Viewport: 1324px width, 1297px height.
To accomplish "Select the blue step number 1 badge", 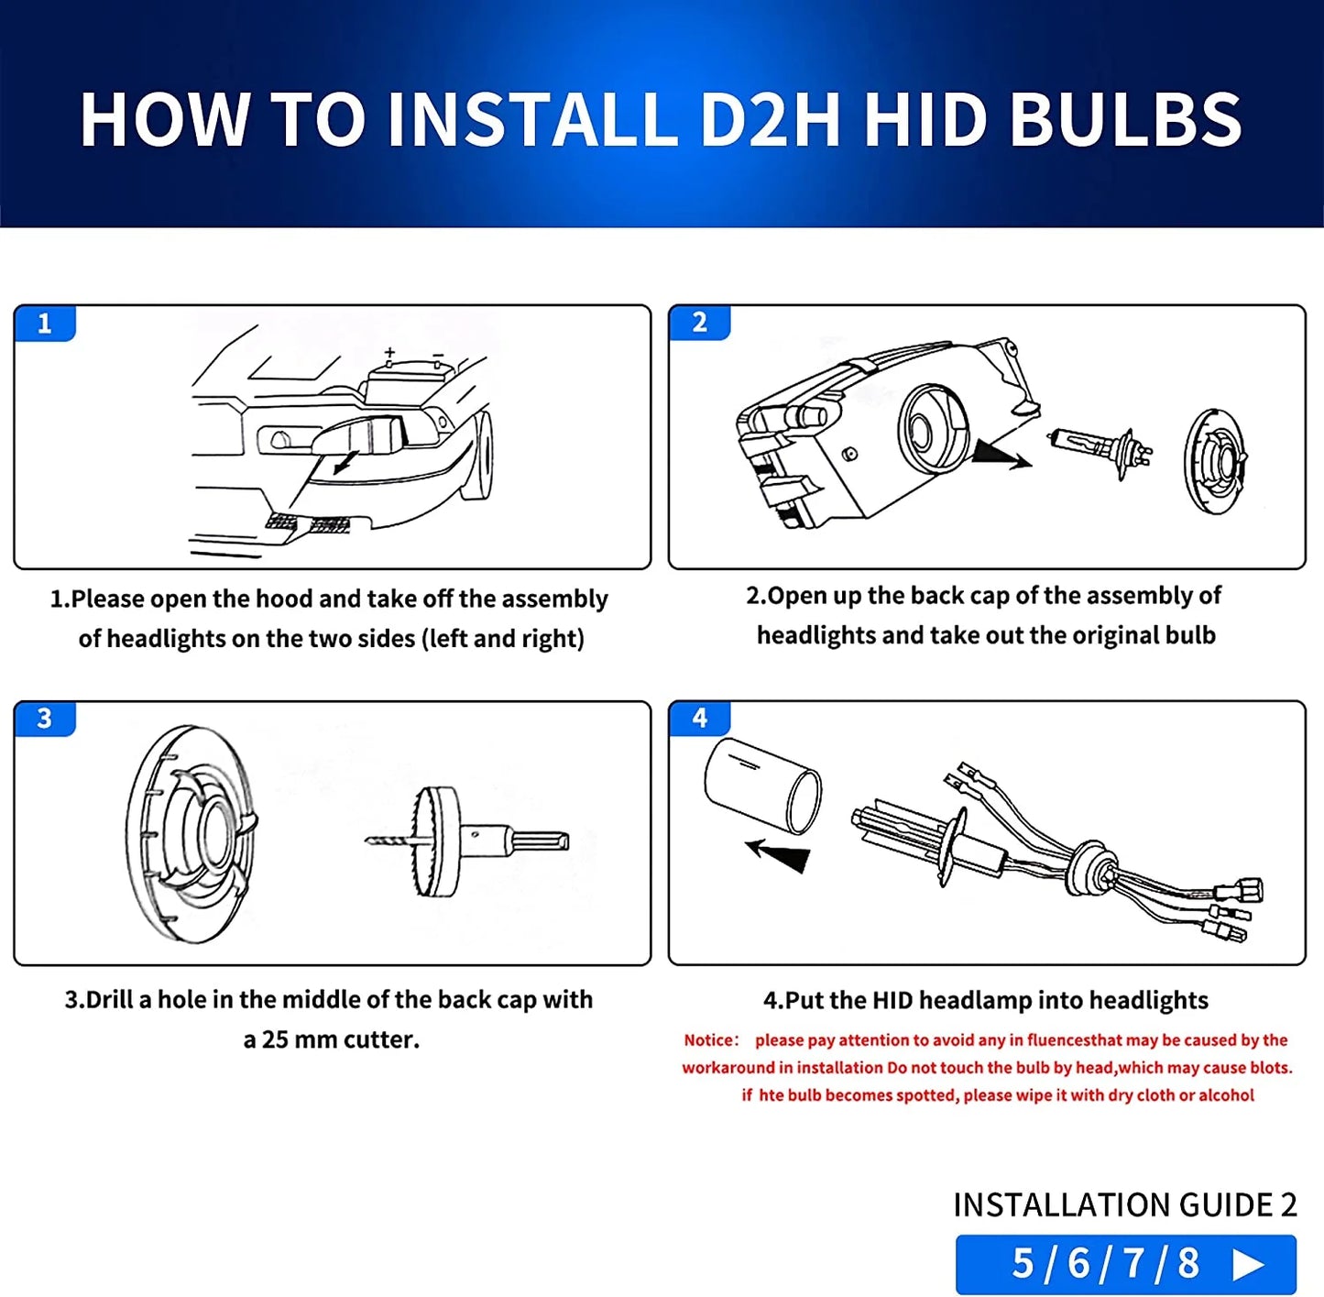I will (44, 324).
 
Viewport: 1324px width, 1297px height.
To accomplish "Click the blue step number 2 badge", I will (699, 323).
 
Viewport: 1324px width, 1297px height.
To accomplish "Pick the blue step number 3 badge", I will (44, 719).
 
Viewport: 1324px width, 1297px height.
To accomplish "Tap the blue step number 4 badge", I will (699, 719).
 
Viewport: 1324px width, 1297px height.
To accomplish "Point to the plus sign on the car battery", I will (389, 353).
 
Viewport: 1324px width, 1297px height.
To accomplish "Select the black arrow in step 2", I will (999, 454).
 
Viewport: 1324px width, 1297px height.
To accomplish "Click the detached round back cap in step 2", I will (1216, 460).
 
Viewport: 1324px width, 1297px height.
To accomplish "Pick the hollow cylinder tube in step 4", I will (762, 786).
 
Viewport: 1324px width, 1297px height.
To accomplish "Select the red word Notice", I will (710, 1040).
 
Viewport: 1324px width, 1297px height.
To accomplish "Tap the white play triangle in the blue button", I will (1248, 1264).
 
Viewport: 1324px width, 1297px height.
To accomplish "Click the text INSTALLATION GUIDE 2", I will (1124, 1204).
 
